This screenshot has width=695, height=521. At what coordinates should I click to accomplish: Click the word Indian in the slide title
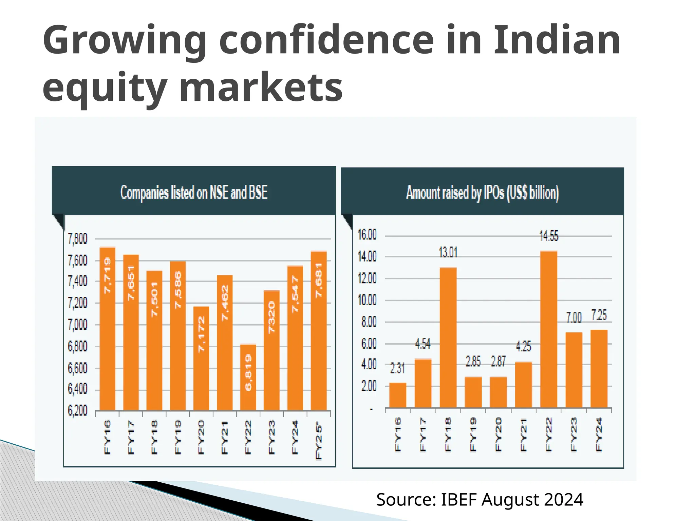pyautogui.click(x=557, y=41)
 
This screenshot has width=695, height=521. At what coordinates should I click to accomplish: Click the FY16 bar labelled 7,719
pyautogui.click(x=107, y=329)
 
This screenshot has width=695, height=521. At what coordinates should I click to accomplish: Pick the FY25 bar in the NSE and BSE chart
pyautogui.click(x=319, y=331)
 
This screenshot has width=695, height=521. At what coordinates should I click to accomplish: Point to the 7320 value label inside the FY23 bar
pyautogui.click(x=271, y=317)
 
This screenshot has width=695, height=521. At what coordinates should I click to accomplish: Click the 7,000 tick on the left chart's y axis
pyautogui.click(x=77, y=325)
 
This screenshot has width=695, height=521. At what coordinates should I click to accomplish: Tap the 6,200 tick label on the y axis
pyautogui.click(x=77, y=410)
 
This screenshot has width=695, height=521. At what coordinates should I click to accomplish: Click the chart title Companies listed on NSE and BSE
pyautogui.click(x=194, y=192)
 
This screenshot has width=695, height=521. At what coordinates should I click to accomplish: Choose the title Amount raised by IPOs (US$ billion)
pyautogui.click(x=482, y=193)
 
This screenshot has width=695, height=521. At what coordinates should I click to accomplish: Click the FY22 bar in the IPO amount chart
pyautogui.click(x=549, y=329)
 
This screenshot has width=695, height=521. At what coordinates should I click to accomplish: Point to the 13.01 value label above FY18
pyautogui.click(x=448, y=253)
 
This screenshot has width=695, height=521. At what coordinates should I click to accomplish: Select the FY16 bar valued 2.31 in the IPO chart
pyautogui.click(x=398, y=395)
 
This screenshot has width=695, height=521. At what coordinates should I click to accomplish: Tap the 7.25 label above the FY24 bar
pyautogui.click(x=599, y=315)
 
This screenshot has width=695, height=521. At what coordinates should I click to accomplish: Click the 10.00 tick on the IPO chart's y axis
pyautogui.click(x=367, y=300)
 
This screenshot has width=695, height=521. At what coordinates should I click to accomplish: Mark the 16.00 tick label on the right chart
pyautogui.click(x=367, y=235)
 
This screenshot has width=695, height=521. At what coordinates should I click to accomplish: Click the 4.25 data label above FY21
pyautogui.click(x=523, y=346)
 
